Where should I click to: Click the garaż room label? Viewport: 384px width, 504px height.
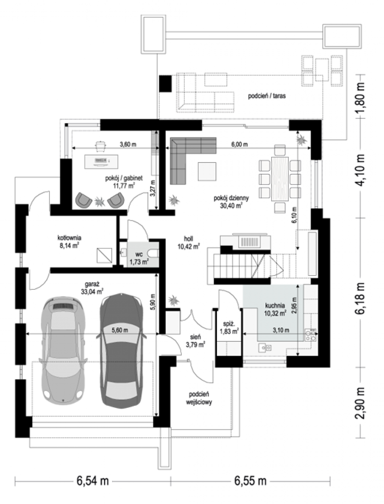pos(92,284)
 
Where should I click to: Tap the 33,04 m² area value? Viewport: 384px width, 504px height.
pos(92,291)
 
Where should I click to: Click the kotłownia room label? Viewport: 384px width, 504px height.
pos(69,238)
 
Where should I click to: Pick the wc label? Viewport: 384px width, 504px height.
pos(139,255)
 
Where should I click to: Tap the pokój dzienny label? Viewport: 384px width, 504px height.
pos(231,198)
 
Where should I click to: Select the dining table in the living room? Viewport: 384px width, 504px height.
pos(280,178)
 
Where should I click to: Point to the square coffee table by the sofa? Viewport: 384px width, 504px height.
pos(207,171)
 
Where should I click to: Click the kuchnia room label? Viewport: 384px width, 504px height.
pos(275,306)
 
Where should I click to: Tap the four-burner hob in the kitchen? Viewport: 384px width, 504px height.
pos(311,335)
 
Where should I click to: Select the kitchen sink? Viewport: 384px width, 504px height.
pos(265,348)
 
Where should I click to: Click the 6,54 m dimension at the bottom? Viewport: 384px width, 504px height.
pos(93,481)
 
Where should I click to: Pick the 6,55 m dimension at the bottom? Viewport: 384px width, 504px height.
pos(250,481)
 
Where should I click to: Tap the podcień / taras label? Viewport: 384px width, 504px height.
pos(267,96)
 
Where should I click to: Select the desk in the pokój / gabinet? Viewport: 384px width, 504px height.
pos(102,162)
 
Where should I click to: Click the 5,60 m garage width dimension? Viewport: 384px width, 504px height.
pos(120,330)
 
